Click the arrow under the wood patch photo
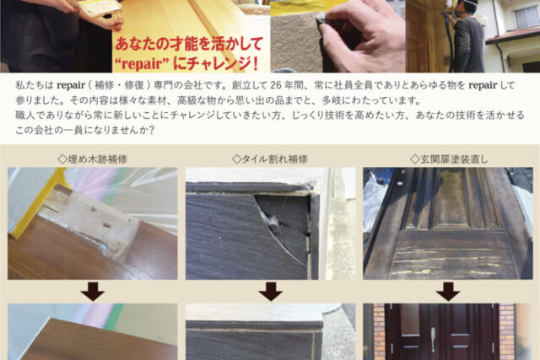coord(93,291)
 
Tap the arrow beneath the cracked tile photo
coord(270,291)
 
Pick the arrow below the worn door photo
coord(448,291)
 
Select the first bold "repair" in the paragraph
coord(71,85)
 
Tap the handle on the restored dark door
coord(433,339)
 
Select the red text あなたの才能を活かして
coord(189,44)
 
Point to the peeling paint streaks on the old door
coord(448,261)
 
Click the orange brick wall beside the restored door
coord(506,331)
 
